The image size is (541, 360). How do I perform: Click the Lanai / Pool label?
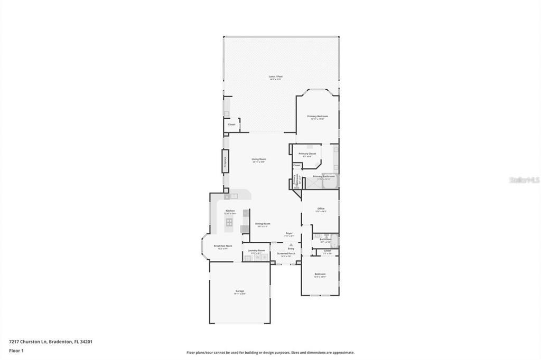click(276, 77)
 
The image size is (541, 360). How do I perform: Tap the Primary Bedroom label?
click(318, 116)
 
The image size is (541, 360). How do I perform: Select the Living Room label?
click(259, 159)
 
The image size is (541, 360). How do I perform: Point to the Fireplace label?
click(225, 160)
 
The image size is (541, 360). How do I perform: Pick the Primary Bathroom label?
click(323, 176)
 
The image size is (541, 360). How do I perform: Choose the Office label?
click(321, 209)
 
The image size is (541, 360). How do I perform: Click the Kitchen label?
click(230, 211)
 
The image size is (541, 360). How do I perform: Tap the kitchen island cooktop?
click(229, 222)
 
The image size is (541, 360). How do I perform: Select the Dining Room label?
click(263, 224)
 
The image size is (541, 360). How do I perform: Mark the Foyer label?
click(290, 233)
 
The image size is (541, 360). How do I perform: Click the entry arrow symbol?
click(291, 245)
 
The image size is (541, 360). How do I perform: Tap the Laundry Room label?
click(256, 251)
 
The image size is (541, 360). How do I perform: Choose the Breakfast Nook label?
click(222, 246)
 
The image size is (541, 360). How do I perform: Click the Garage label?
click(240, 291)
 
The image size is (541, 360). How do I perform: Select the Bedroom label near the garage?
click(320, 274)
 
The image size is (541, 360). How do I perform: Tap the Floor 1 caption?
click(16, 350)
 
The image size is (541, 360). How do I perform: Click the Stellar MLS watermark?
click(524, 180)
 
